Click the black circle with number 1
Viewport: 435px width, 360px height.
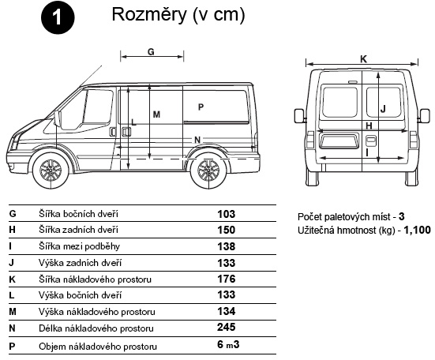coord(58,17)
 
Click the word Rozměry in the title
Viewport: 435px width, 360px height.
coord(149,14)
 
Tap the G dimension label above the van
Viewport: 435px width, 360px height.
coord(151,51)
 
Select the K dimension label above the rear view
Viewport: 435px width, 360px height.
coord(363,59)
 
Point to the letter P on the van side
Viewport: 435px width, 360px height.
coord(201,107)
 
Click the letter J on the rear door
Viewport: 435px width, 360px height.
coord(383,109)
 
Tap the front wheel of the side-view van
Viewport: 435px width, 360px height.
coord(51,170)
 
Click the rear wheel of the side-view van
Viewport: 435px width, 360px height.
coord(208,170)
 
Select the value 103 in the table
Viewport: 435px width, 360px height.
coord(227,214)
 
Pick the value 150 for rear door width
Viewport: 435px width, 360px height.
coord(227,230)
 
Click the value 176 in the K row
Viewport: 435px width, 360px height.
coord(227,279)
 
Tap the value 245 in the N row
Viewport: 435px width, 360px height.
coord(227,328)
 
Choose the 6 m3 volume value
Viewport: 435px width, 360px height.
coord(228,344)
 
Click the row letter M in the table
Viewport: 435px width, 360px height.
coord(13,312)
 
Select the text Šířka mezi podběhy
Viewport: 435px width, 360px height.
coord(80,246)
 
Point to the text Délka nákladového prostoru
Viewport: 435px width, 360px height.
coord(96,328)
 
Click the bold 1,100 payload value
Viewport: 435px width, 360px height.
coord(418,230)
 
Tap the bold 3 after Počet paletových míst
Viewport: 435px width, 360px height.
coord(401,216)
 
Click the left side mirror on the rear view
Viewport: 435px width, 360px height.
coord(300,116)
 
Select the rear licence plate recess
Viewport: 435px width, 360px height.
coord(339,141)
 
